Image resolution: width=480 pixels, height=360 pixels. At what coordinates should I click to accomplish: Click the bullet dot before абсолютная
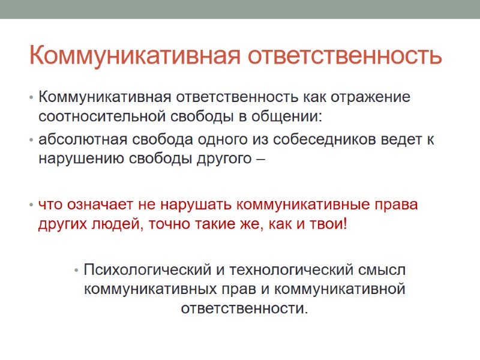point(31,140)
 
